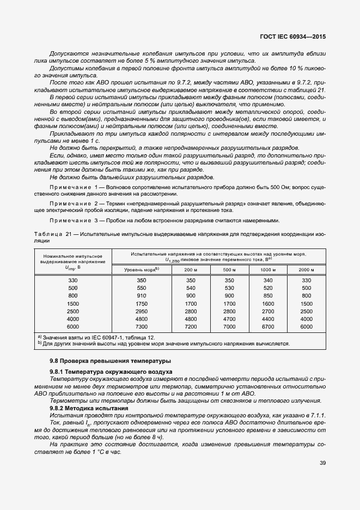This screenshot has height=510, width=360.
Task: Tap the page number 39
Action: [x=322, y=463]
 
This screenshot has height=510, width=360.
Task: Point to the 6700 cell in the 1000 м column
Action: [x=268, y=326]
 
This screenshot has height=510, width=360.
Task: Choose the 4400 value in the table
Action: [x=268, y=319]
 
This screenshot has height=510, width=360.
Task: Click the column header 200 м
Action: [x=191, y=270]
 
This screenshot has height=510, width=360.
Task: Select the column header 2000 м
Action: [x=306, y=270]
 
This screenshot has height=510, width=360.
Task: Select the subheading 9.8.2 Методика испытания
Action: [x=89, y=408]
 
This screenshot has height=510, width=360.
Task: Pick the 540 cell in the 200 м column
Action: [x=191, y=288]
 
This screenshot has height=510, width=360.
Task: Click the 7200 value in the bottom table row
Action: [x=191, y=326]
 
